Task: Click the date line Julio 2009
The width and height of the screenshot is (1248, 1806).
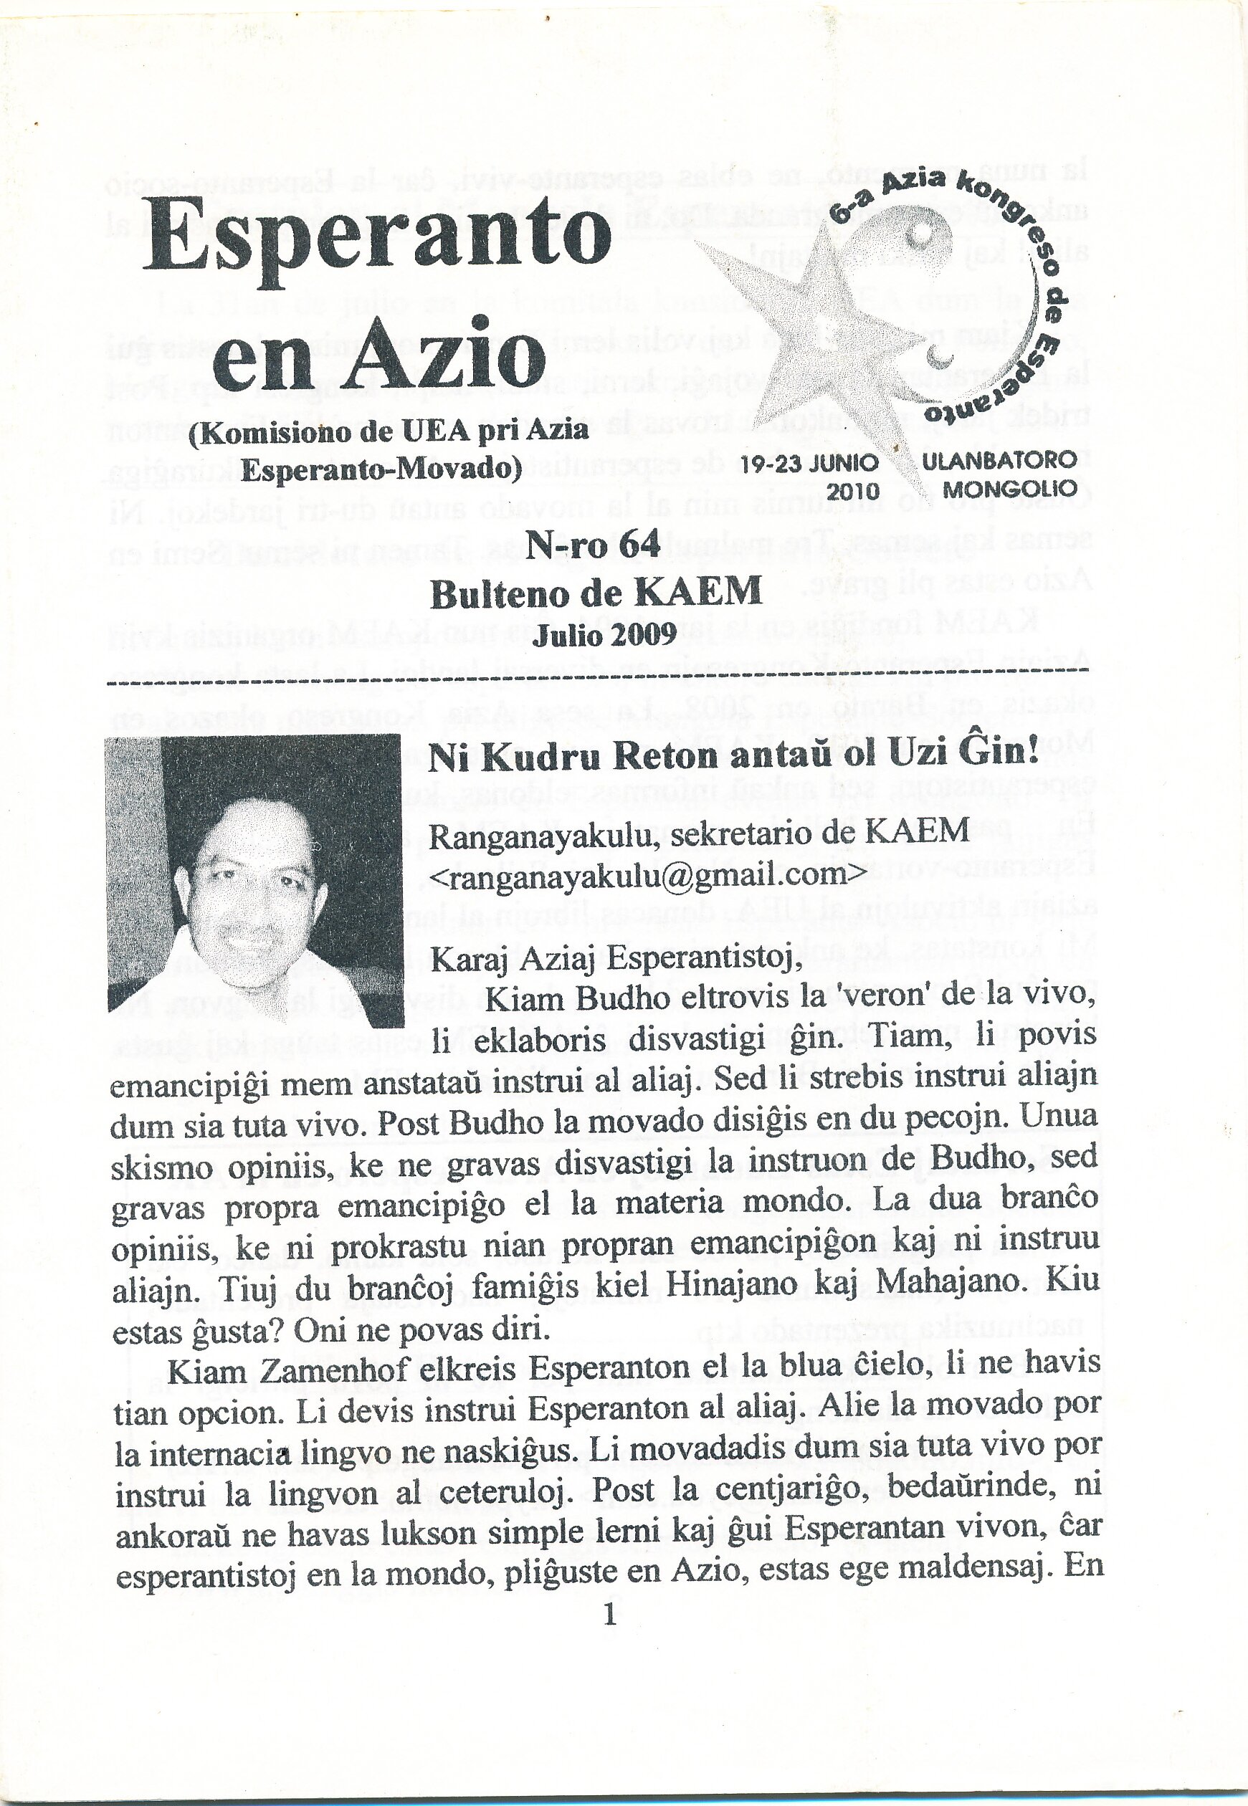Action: click(x=604, y=634)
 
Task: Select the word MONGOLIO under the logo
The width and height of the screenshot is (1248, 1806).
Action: click(x=1009, y=489)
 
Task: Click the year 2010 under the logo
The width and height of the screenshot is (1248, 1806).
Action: click(x=853, y=492)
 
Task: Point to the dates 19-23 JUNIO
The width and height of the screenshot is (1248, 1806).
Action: click(x=809, y=464)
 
